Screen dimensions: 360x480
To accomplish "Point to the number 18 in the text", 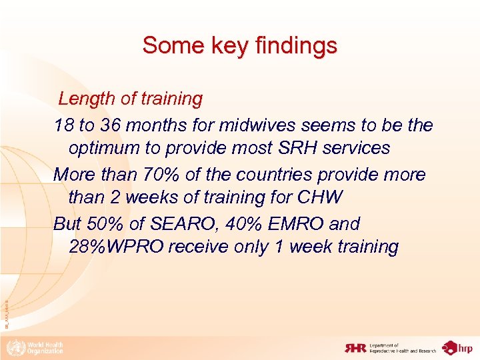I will point(64,125).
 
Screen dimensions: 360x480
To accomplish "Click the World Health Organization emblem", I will point(13,347).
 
